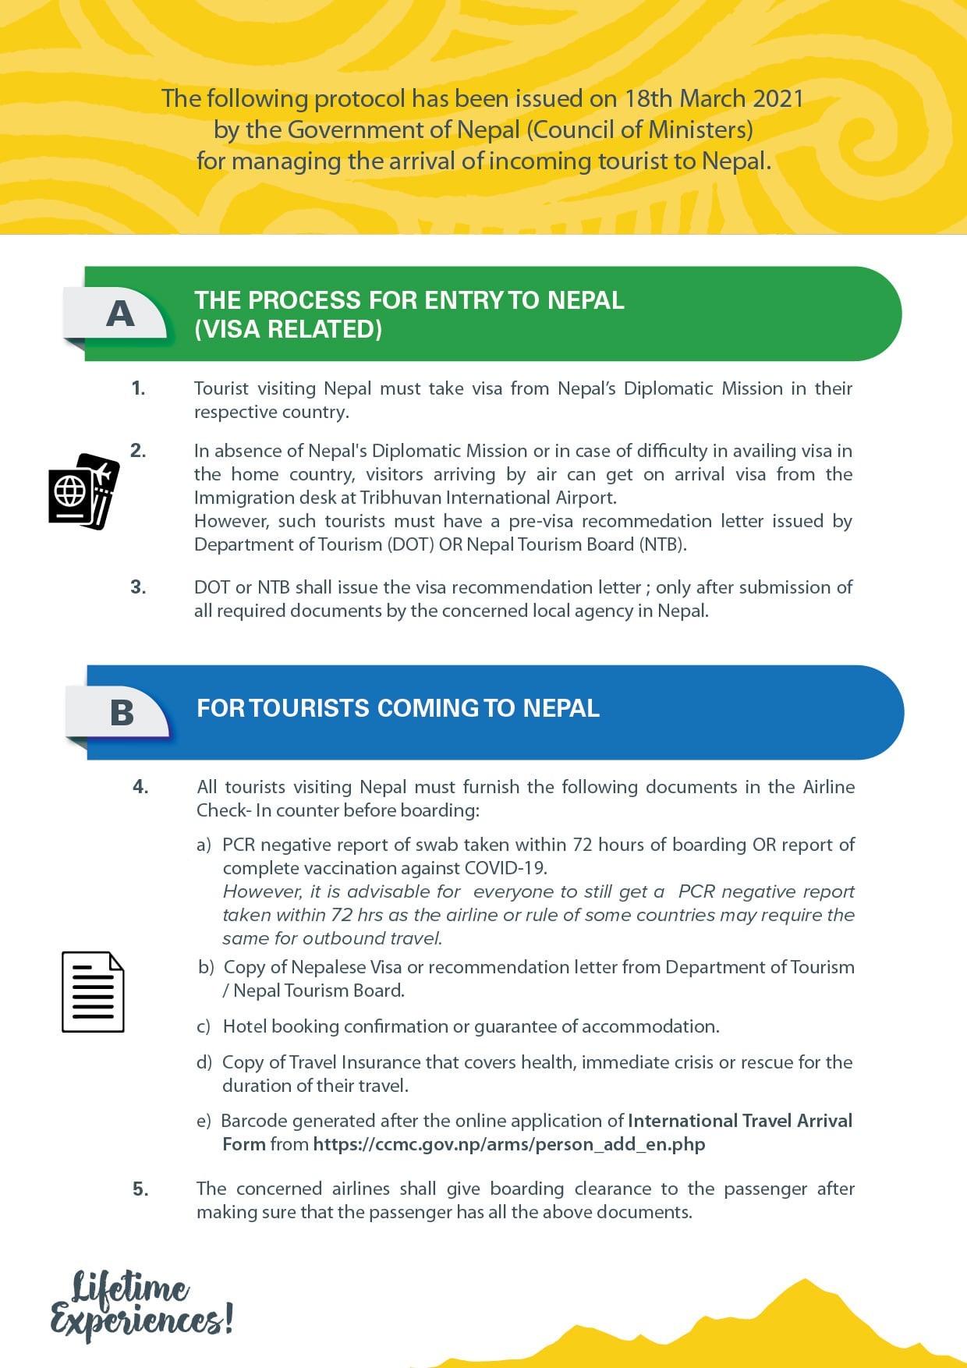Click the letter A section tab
coord(119,314)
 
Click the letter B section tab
coord(122,712)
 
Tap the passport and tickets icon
coord(83,491)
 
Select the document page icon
coord(93,992)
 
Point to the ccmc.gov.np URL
coord(509,1144)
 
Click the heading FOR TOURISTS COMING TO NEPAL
coord(398,708)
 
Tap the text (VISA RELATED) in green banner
coord(288,329)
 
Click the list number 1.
coord(138,388)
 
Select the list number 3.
coord(138,587)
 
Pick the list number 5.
coord(140,1189)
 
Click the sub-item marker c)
coord(204,1026)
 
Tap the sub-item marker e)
coord(204,1121)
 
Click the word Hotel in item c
coord(245,1026)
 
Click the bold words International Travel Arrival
coord(740,1121)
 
